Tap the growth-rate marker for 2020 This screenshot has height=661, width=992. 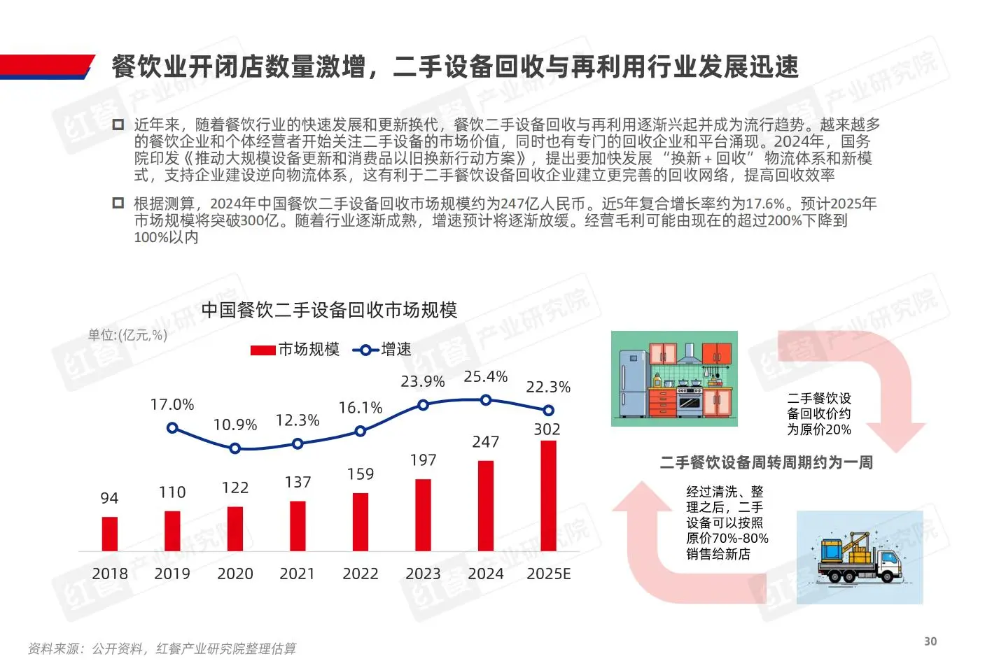235,448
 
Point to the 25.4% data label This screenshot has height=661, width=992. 485,377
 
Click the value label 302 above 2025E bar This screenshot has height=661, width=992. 547,429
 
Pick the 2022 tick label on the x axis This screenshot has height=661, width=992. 360,574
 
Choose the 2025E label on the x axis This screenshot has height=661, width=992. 548,574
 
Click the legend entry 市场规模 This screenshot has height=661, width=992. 295,349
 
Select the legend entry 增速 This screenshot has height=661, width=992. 382,349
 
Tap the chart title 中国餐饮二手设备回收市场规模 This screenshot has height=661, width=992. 329,310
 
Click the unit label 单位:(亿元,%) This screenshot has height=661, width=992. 127,335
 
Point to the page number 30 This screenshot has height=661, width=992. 930,641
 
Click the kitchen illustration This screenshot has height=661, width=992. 674,378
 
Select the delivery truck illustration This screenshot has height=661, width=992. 860,557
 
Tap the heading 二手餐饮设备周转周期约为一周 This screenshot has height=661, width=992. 766,462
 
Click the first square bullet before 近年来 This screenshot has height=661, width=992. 118,125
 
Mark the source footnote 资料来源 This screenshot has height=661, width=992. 162,648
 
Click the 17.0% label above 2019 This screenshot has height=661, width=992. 172,404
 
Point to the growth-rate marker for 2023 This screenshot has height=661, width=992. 423,404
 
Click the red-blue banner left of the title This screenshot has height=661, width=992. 46,66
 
